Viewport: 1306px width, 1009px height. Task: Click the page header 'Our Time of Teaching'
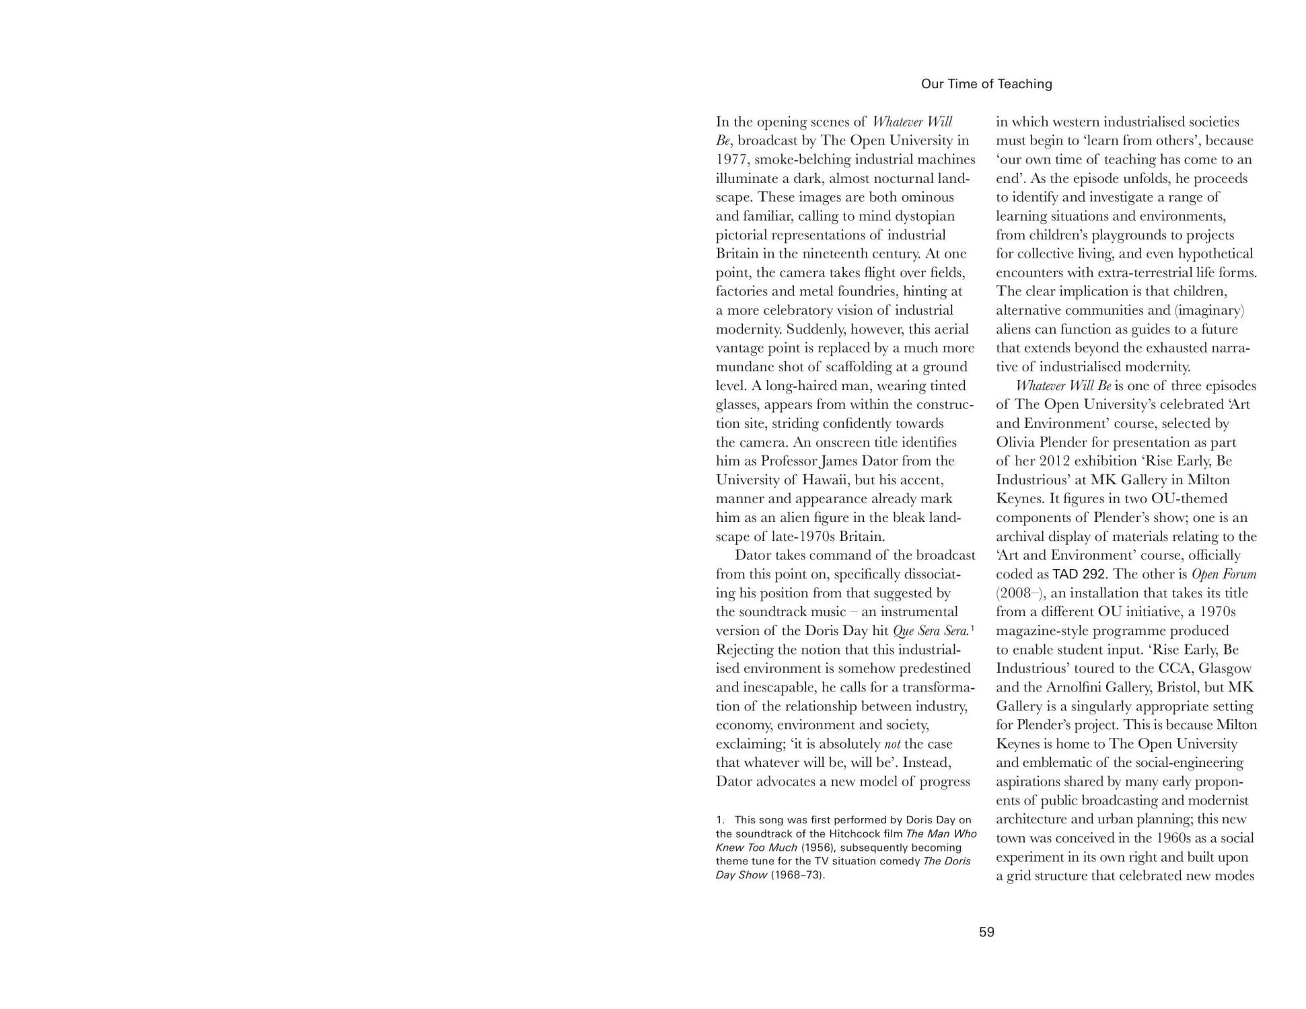[x=986, y=84]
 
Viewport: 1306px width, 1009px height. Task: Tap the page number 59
[x=986, y=932]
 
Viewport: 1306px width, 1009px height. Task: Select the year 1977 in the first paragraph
[x=731, y=159]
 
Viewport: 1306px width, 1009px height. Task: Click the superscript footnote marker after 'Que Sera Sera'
[x=973, y=628]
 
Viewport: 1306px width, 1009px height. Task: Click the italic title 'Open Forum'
[x=1223, y=574]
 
